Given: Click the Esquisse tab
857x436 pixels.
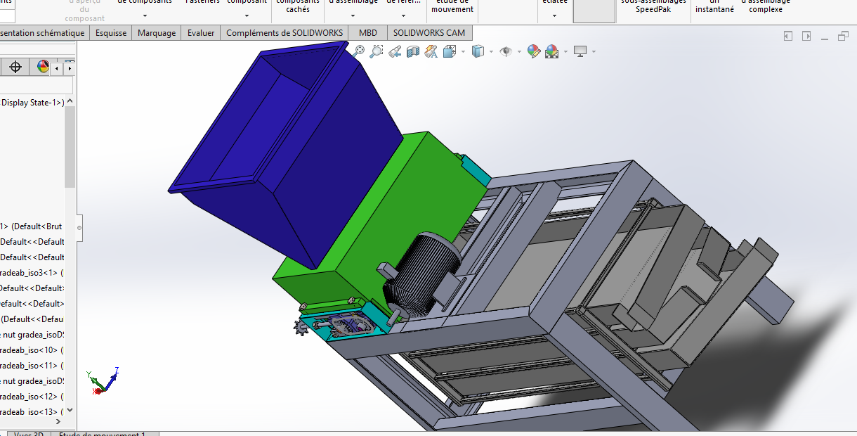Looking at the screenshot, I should pyautogui.click(x=111, y=33).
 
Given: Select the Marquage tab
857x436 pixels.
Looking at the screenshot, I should pyautogui.click(x=157, y=33).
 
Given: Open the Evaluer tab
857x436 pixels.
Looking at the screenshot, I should pyautogui.click(x=201, y=33).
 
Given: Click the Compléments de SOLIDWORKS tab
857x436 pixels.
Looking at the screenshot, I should pyautogui.click(x=284, y=33).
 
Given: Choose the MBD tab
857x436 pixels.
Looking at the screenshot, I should pyautogui.click(x=367, y=33).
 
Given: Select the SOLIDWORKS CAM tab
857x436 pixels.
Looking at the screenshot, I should pyautogui.click(x=428, y=33).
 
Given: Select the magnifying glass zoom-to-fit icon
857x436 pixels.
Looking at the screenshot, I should pyautogui.click(x=360, y=51).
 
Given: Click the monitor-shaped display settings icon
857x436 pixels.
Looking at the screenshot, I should pyautogui.click(x=580, y=51).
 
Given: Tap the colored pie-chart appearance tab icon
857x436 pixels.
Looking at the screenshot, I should pyautogui.click(x=44, y=67).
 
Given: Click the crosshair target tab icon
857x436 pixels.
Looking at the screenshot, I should pyautogui.click(x=15, y=67).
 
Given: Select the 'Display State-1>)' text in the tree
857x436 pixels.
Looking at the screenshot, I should pyautogui.click(x=32, y=103).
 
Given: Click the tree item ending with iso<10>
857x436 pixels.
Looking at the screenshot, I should pyautogui.click(x=32, y=350).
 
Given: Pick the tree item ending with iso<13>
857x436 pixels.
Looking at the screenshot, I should pyautogui.click(x=32, y=411).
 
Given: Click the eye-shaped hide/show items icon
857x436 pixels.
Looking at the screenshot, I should pyautogui.click(x=505, y=51).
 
